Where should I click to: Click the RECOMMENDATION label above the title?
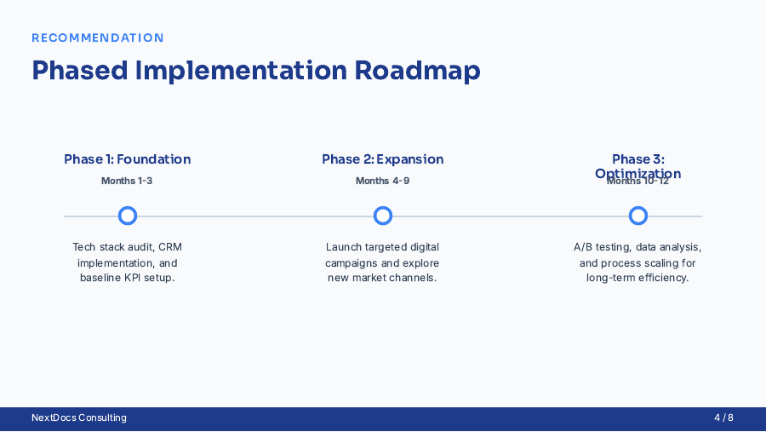(98, 38)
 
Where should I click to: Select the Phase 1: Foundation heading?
(128, 159)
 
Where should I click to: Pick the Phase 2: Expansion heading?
(383, 159)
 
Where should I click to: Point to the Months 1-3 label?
(127, 181)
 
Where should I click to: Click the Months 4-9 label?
(382, 181)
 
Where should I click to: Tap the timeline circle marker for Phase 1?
(128, 216)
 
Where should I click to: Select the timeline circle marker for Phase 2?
(383, 216)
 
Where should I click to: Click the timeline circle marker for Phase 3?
(638, 216)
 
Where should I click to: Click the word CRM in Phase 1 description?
(170, 247)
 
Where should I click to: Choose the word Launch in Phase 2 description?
(343, 247)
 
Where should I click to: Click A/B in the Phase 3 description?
(582, 247)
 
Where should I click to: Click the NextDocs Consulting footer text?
(79, 418)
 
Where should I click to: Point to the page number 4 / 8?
(723, 418)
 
